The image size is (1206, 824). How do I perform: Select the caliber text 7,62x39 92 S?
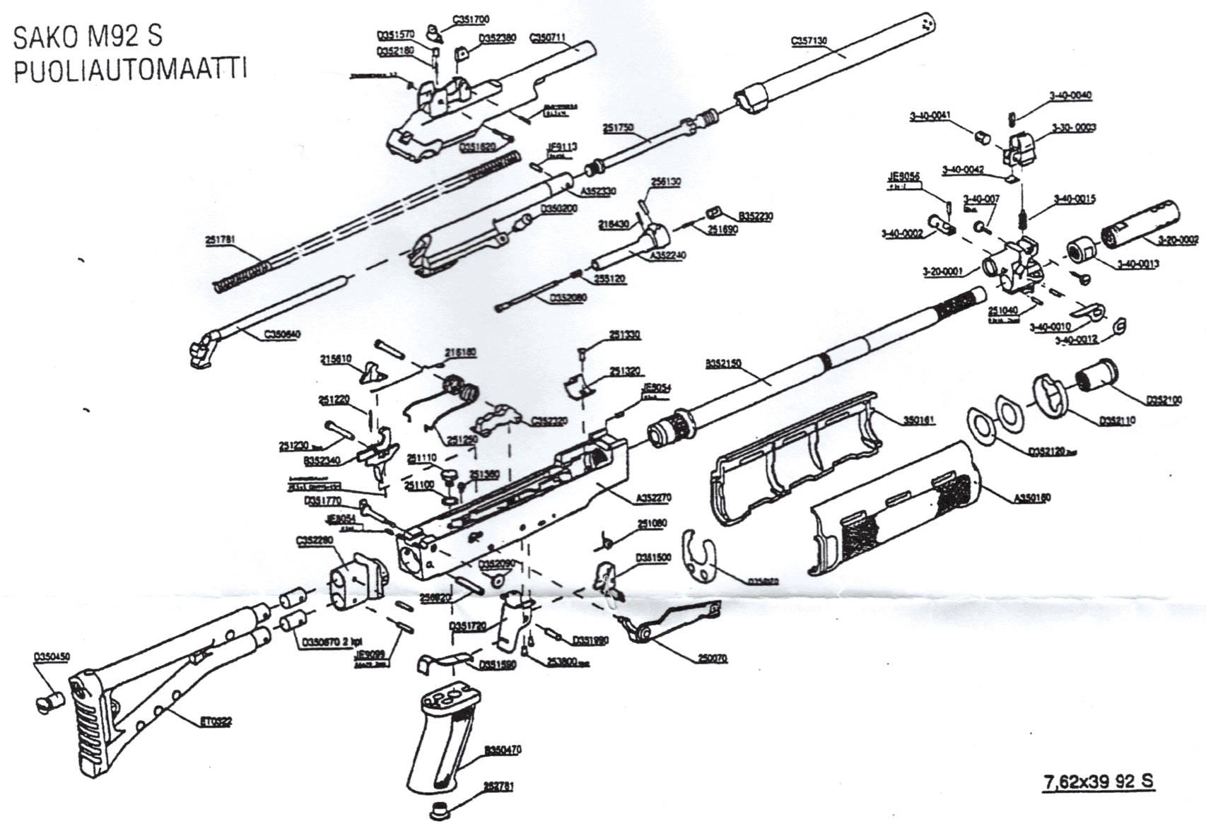(x=1099, y=782)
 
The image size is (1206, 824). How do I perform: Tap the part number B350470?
(x=503, y=750)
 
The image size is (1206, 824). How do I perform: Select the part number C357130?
(x=808, y=41)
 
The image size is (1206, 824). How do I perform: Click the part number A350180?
(x=1032, y=498)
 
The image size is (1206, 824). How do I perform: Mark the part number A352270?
(x=653, y=498)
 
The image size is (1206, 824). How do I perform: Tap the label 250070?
(x=710, y=658)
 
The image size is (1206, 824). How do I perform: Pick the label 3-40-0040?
(x=1071, y=95)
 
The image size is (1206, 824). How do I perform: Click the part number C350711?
(x=548, y=37)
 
